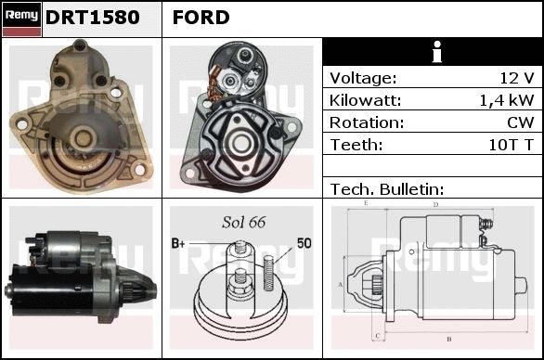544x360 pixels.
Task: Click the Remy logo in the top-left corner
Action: coord(21,19)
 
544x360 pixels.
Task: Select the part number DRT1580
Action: coord(93,18)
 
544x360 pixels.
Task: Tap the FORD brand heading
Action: coord(201,18)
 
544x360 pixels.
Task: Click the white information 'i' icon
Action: coord(437,52)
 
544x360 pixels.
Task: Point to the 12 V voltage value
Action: coord(516,78)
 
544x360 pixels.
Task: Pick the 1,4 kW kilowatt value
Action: coord(507,100)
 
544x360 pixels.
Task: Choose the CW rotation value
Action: coord(521,122)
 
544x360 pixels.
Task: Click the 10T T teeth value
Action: coord(511,145)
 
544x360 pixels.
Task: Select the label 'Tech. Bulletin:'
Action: coord(387,189)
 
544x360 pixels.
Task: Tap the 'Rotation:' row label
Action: coord(367,122)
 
